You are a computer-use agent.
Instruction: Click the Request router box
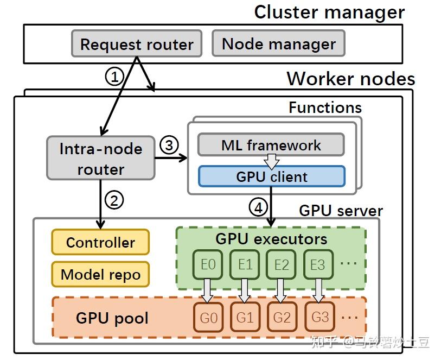136,44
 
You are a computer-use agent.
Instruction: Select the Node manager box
279,43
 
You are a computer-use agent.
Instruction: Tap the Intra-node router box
100,159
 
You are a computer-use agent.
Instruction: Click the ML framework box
271,145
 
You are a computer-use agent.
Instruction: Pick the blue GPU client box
271,176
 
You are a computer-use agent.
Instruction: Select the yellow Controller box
100,242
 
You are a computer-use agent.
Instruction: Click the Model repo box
100,274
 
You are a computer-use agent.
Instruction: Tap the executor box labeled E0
208,264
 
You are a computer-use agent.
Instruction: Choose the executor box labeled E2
281,264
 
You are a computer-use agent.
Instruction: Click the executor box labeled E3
317,264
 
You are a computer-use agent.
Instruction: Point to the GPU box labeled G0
208,317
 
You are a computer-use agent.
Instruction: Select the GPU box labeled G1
245,317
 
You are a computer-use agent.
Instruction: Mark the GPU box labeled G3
319,317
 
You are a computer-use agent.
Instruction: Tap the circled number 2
114,200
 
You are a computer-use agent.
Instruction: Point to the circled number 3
169,145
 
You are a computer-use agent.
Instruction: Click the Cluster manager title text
329,12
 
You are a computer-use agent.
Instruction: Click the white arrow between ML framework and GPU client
271,161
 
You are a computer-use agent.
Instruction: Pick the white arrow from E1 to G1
245,290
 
